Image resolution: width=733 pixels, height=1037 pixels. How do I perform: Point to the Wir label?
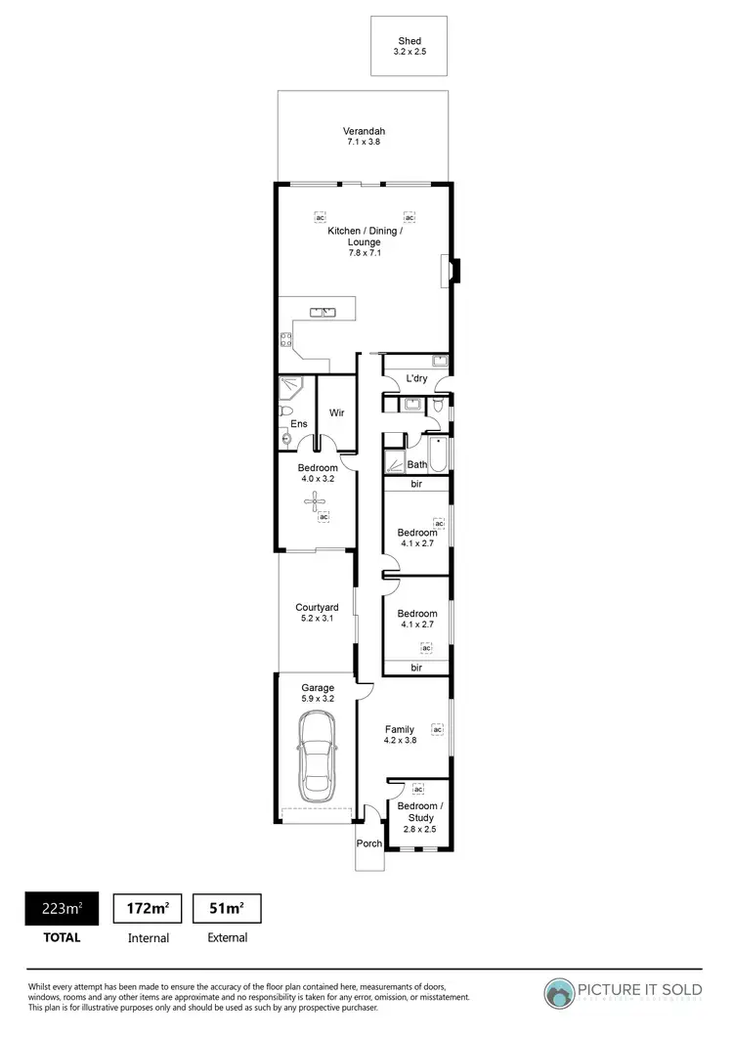click(x=335, y=412)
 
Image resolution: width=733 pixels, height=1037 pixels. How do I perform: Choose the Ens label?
click(x=299, y=424)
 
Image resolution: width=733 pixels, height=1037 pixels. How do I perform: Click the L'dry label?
click(x=416, y=378)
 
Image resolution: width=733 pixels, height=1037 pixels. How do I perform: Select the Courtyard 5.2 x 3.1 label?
click(x=317, y=613)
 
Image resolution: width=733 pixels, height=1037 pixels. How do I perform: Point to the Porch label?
click(x=369, y=843)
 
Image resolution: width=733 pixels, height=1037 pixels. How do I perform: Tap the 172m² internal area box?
click(x=148, y=909)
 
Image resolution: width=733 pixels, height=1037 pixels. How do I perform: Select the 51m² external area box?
click(x=227, y=909)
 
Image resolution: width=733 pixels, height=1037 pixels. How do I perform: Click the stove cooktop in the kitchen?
click(x=286, y=340)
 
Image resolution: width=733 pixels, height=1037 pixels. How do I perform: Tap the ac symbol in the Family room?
click(x=438, y=728)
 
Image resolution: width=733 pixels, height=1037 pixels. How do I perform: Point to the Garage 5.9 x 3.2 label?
click(x=318, y=693)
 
